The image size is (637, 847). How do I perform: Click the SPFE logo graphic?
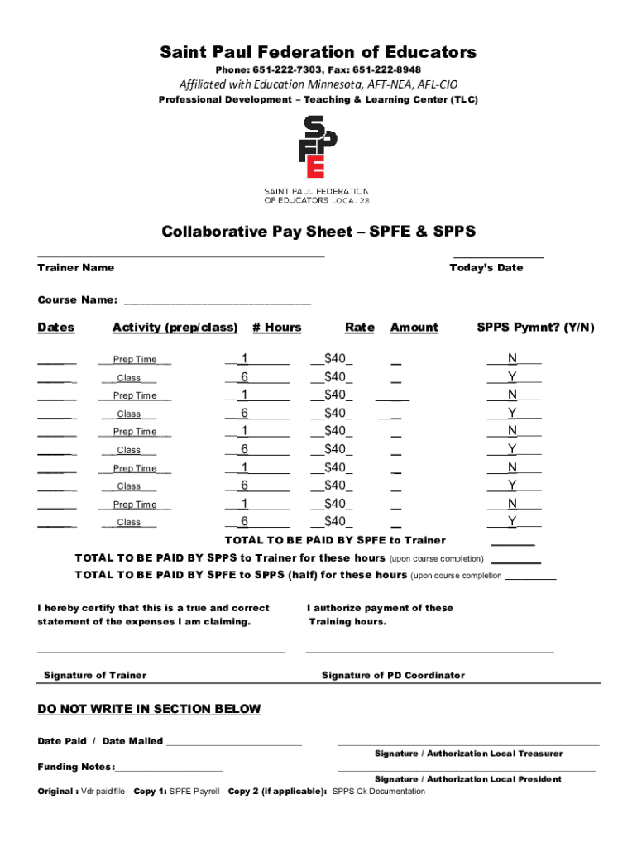[318, 147]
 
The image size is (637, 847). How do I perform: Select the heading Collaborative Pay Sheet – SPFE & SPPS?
[318, 231]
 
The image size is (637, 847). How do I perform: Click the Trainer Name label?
[75, 268]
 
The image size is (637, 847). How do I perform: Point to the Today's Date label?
[486, 268]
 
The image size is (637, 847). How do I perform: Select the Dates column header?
[55, 328]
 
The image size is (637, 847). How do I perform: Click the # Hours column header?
[277, 328]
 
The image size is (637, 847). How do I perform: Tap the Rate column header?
[360, 328]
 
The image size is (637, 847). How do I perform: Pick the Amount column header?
[414, 328]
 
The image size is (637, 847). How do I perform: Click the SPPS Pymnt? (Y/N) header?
[535, 328]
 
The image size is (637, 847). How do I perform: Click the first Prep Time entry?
[135, 360]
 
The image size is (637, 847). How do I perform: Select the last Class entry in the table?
[129, 523]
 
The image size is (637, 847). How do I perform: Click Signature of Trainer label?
[94, 676]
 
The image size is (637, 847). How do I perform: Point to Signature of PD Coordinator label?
[393, 676]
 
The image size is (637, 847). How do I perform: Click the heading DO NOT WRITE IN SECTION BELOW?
[149, 709]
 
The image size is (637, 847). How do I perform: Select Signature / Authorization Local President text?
[467, 779]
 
